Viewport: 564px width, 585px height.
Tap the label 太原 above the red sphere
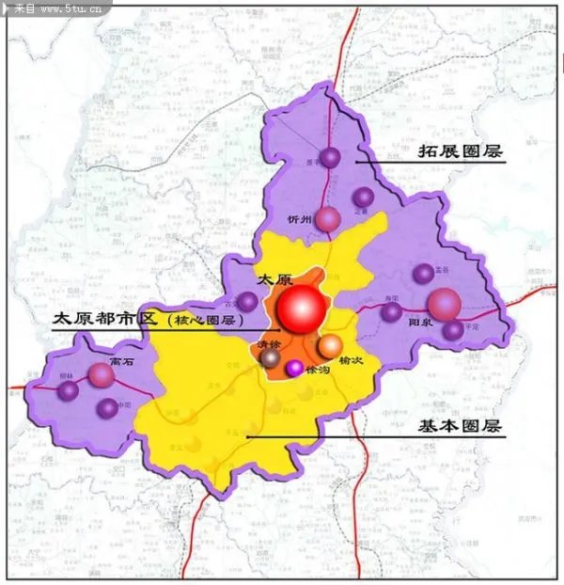(x=274, y=279)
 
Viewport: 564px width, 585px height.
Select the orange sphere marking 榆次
(x=330, y=347)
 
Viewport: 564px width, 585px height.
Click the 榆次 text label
(x=351, y=361)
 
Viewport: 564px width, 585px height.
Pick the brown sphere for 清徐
(x=270, y=357)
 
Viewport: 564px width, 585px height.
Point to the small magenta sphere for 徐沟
(x=294, y=368)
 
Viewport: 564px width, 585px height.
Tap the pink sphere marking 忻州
(x=327, y=219)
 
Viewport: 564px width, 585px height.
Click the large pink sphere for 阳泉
(x=444, y=304)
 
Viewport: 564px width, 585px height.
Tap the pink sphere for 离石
(x=102, y=375)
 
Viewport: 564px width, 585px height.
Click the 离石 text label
(x=121, y=360)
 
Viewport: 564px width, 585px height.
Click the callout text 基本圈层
(x=460, y=426)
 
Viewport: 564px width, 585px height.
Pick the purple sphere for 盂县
(x=424, y=274)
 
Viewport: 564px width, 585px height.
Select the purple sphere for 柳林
(x=68, y=390)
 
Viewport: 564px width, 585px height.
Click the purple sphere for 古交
(x=247, y=302)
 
